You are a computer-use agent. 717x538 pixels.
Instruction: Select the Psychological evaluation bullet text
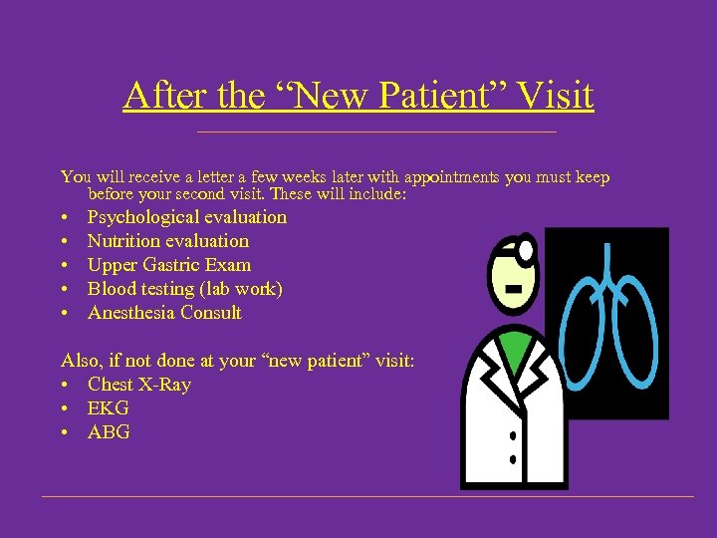click(186, 217)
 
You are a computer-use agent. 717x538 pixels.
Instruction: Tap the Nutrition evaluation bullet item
click(167, 241)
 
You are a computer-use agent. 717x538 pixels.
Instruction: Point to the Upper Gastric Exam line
click(168, 265)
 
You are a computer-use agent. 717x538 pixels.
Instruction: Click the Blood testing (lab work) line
click(184, 289)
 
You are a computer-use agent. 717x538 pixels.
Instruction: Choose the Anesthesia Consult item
click(164, 313)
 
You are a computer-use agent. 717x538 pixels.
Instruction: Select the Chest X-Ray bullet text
click(138, 385)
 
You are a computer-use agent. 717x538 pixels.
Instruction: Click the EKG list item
click(108, 408)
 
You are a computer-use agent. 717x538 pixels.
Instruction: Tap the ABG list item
click(109, 432)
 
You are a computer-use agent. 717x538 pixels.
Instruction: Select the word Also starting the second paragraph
click(81, 361)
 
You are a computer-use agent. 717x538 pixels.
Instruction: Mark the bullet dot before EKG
click(65, 409)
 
